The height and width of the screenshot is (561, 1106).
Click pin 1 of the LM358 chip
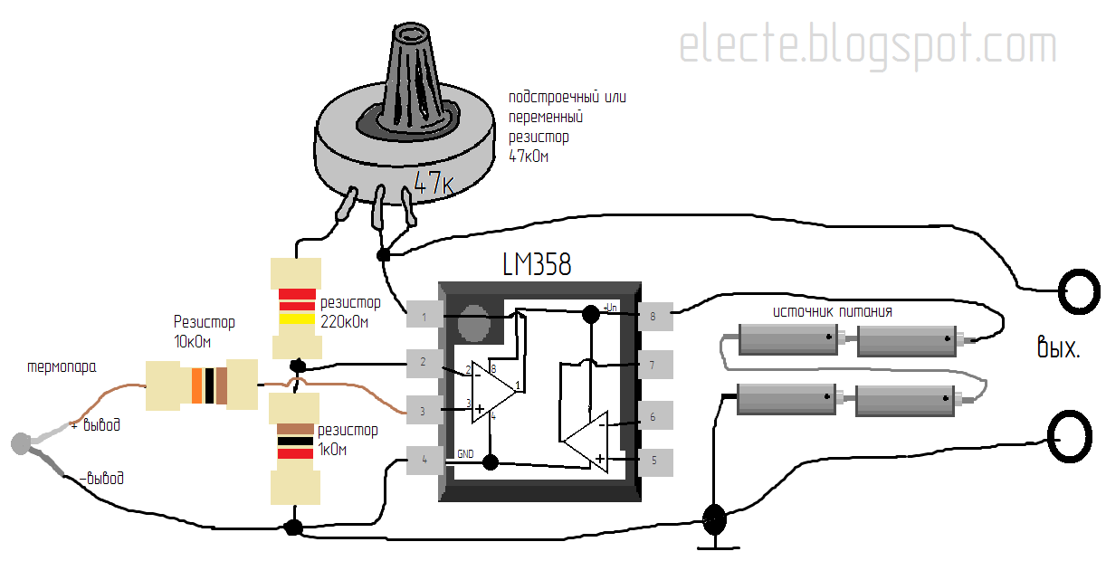[x=424, y=314]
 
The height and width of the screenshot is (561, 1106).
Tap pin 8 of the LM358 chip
[x=655, y=316]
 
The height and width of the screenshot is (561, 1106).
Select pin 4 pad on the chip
[x=424, y=461]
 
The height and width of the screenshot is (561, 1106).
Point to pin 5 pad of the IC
[x=655, y=461]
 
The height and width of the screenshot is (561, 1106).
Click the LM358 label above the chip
[x=538, y=264]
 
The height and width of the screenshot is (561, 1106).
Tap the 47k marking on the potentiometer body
[x=434, y=183]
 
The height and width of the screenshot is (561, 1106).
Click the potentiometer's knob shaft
[x=410, y=79]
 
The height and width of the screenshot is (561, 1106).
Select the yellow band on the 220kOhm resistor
[x=297, y=318]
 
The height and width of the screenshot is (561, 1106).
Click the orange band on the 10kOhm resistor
[x=197, y=385]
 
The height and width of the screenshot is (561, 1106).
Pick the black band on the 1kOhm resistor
[x=295, y=442]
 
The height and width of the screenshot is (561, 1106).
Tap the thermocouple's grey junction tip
[x=21, y=443]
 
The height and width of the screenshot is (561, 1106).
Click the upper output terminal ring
[x=1080, y=291]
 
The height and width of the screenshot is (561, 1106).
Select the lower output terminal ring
[x=1070, y=436]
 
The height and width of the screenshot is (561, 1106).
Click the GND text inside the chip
[x=465, y=454]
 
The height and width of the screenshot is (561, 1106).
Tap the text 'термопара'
[x=62, y=367]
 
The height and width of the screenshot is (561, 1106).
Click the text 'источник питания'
[x=833, y=311]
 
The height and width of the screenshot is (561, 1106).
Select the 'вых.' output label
[x=1058, y=347]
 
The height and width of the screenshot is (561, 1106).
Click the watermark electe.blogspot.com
[x=868, y=45]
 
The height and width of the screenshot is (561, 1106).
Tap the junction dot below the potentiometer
[x=383, y=255]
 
